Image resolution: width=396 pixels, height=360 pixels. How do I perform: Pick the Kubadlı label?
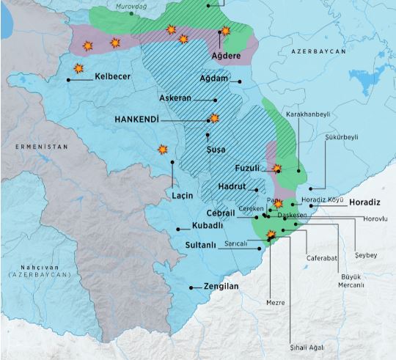click(x=207, y=225)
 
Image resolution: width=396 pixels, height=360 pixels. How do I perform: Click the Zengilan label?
click(x=221, y=287)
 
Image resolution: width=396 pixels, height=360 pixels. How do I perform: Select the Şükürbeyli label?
click(x=341, y=136)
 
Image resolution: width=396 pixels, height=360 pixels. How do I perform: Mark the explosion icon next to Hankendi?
click(x=214, y=117)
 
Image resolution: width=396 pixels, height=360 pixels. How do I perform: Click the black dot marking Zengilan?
click(x=192, y=287)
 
